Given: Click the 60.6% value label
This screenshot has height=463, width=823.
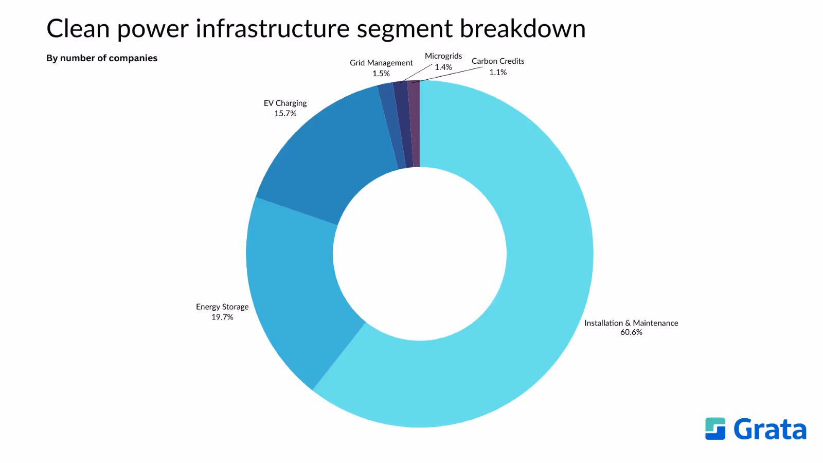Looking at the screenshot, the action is point(631,332).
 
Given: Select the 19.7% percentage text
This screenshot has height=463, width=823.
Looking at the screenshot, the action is point(222,317).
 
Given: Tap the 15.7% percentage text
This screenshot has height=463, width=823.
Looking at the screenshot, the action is point(285,113).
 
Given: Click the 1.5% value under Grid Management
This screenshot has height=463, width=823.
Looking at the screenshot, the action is point(381,74).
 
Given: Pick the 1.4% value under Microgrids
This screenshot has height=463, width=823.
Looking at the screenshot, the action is point(443,67).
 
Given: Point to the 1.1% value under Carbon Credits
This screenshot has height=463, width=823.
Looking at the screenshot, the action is point(498,72).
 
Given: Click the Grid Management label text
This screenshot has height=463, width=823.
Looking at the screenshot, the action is point(381,63).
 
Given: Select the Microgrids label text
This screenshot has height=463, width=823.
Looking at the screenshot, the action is point(443,56).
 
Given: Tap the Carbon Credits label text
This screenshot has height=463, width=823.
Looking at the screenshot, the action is point(498,61).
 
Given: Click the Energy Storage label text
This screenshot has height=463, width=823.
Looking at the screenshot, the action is point(222,307).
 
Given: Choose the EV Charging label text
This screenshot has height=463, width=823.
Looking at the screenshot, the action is point(285,103).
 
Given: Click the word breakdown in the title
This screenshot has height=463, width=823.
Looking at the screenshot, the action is point(523,28).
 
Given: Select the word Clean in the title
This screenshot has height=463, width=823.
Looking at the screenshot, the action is point(78,28).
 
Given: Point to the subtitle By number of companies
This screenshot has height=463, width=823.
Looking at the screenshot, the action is point(102,58).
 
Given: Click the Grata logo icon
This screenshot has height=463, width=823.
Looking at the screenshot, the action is point(715,429).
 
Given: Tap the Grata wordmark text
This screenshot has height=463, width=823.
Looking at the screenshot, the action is point(770,429).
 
